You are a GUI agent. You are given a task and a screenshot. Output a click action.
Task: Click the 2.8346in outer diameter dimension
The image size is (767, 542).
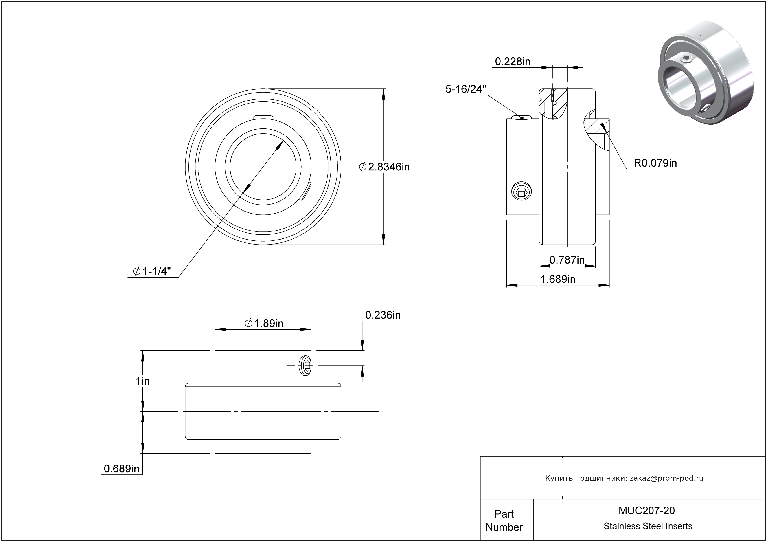point(384,167)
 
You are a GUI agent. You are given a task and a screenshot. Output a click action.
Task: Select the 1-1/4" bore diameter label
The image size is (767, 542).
point(152,271)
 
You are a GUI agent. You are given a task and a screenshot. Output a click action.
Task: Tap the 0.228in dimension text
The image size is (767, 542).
point(513,62)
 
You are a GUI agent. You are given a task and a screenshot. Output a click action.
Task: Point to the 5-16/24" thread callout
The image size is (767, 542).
point(466,89)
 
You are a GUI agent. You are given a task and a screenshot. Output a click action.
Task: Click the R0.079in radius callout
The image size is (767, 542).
point(655,163)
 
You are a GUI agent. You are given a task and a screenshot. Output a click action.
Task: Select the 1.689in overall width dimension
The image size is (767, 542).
point(558,279)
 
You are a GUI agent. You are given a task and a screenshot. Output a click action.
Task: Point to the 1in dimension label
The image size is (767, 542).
point(143,381)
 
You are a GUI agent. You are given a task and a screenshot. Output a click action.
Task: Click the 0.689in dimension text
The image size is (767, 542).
point(122,469)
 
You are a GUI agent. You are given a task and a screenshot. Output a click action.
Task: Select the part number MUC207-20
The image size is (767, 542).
point(647,511)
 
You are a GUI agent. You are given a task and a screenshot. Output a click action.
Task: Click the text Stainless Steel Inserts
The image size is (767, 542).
point(648,526)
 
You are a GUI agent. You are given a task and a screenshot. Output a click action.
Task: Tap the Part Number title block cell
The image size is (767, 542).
point(504,520)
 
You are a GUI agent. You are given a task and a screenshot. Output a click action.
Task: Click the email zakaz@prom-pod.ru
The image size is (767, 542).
point(666,478)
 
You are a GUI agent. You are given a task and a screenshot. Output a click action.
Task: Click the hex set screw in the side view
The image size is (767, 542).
point(522,192)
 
